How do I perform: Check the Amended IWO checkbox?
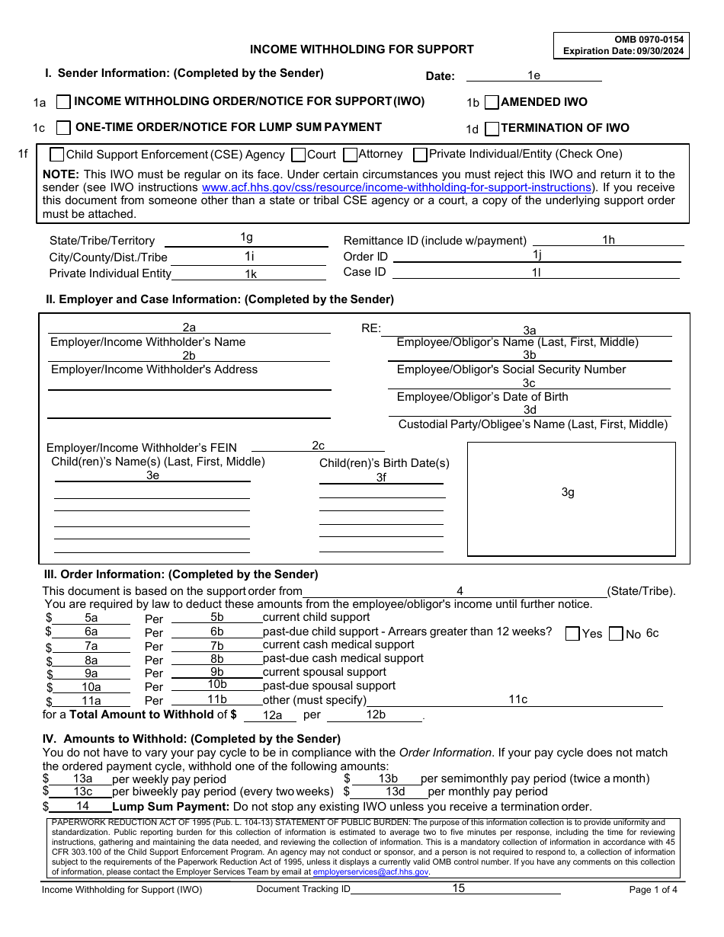492,102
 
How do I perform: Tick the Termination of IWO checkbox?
492,128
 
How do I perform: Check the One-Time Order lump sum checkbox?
63,127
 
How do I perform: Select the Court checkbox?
299,155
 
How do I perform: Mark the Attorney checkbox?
350,155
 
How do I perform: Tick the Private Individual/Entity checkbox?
420,155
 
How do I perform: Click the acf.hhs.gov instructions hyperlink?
396,187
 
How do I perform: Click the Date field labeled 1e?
533,75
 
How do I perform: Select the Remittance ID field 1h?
607,240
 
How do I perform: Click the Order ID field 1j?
537,256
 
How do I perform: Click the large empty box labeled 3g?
571,499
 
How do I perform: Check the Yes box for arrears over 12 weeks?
572,634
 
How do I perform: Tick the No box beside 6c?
616,634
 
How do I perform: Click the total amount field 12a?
272,715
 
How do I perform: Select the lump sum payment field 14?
82,806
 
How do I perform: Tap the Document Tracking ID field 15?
458,888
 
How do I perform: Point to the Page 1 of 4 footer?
652,890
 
